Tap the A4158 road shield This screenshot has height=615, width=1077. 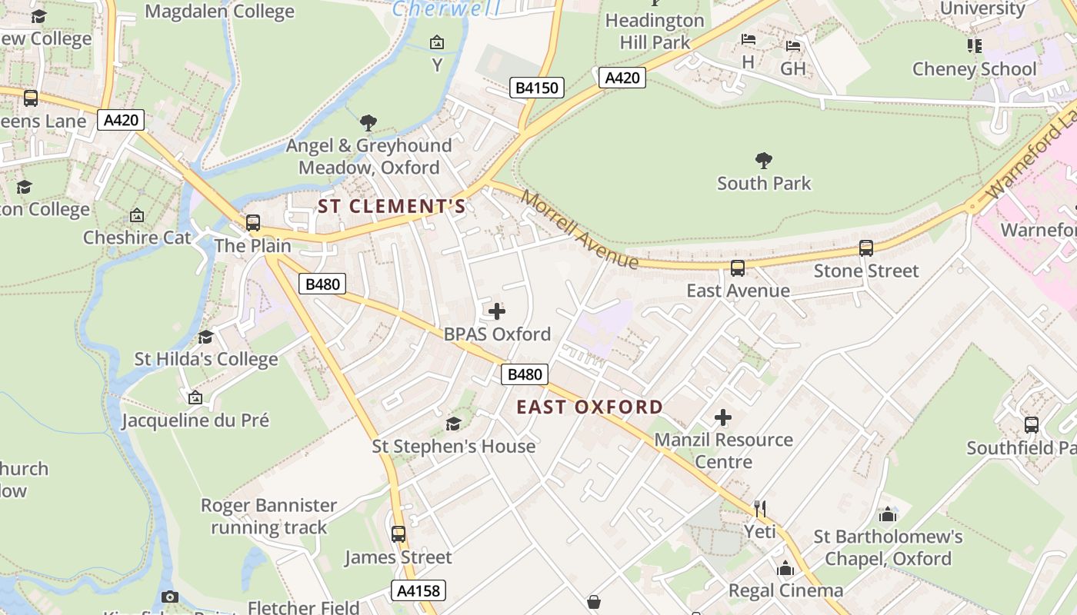pos(418,590)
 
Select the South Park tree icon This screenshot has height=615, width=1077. pos(763,160)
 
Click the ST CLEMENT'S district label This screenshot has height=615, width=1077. pos(392,206)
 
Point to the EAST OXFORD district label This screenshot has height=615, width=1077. pos(589,407)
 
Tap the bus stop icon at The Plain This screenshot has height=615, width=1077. pos(253,223)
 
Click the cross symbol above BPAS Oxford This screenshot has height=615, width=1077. pos(497,311)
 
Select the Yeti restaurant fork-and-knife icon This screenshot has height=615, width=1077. pos(760,508)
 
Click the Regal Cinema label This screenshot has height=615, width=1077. pos(785,590)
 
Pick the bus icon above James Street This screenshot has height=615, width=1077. pos(398,534)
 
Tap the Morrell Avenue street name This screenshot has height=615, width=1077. pos(579,229)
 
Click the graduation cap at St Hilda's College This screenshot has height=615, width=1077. pos(205,337)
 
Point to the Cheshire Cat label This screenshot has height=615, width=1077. pos(137,237)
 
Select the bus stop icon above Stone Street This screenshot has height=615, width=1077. pos(866,248)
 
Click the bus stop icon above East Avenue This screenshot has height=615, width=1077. pos(738,268)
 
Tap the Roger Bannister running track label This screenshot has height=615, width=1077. pos(268,517)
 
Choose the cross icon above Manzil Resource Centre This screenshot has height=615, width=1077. pos(723,417)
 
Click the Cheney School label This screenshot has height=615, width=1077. pos(974,69)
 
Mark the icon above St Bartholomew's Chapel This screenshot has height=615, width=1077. pos(888,514)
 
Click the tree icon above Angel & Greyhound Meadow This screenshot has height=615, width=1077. pos(368,122)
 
